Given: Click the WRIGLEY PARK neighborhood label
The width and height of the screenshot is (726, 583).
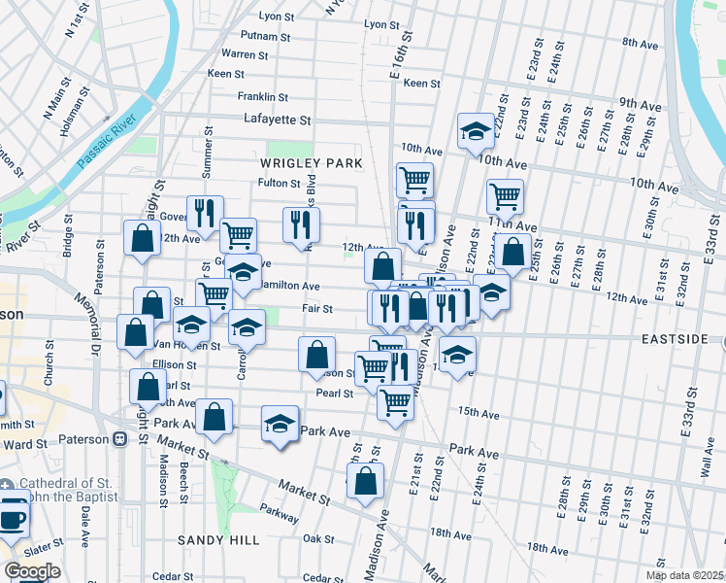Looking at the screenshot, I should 310,162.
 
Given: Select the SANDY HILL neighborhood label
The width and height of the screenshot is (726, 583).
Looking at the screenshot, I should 214,538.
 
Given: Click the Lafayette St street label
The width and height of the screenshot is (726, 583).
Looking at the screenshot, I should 278,120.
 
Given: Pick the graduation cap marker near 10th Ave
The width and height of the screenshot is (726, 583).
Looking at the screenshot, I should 476,131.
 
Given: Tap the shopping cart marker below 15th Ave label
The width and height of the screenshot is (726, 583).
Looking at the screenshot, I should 395,399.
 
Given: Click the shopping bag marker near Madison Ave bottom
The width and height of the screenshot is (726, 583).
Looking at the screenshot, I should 365,480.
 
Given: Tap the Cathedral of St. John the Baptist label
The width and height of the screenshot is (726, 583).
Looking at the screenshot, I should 58,493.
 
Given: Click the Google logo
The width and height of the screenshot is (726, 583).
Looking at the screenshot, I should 32,571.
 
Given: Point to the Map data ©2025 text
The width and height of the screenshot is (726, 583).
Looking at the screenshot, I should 684,575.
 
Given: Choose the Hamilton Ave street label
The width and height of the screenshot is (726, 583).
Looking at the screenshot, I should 294,287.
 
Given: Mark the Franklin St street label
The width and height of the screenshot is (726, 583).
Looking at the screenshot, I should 263,97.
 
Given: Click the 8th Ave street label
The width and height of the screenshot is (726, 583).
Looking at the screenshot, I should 641,43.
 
